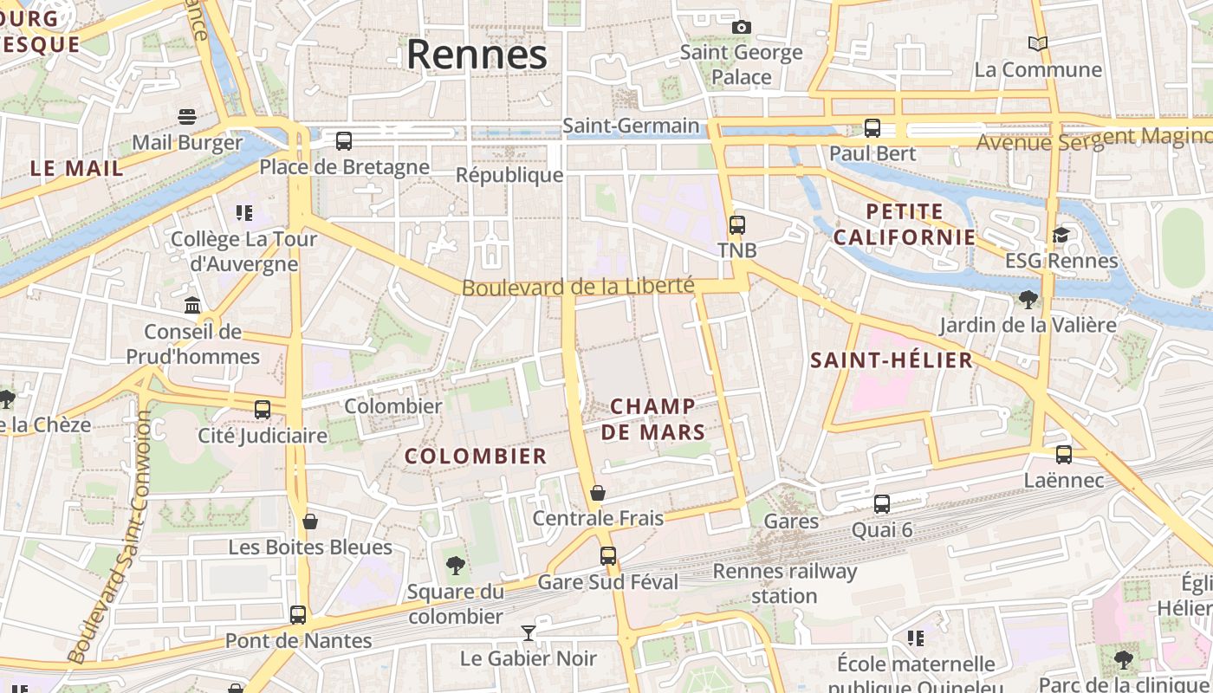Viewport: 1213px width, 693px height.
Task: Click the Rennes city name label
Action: (x=477, y=55)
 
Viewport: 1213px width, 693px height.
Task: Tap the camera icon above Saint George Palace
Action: (x=741, y=27)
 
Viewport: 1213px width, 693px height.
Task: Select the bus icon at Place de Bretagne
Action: (x=344, y=140)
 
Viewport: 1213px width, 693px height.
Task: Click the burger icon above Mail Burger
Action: (x=187, y=116)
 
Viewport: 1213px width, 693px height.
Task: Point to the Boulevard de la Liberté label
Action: (x=578, y=286)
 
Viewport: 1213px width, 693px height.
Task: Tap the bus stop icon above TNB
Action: (x=736, y=225)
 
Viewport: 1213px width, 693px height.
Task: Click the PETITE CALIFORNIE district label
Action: (x=904, y=223)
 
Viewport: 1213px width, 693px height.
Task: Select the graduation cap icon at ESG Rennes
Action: (x=1061, y=235)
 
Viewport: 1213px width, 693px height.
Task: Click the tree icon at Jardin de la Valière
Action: (x=1028, y=300)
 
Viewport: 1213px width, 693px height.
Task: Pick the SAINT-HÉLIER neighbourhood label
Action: (x=892, y=360)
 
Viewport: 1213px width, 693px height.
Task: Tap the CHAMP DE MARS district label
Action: (x=653, y=418)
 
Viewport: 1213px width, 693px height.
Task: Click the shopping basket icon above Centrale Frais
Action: (x=598, y=493)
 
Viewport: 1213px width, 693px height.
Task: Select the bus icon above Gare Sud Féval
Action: (x=608, y=556)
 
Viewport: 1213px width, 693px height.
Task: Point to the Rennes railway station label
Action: (x=784, y=583)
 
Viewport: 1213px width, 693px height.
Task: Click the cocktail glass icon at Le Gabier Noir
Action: (x=528, y=633)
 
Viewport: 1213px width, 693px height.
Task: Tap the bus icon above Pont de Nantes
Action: (x=298, y=615)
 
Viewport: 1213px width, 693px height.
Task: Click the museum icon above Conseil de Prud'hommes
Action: (x=192, y=305)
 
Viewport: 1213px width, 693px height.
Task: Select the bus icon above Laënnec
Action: (x=1064, y=454)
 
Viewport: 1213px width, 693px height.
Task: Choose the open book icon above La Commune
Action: (x=1037, y=43)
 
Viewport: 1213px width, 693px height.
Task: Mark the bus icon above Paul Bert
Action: (x=872, y=128)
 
